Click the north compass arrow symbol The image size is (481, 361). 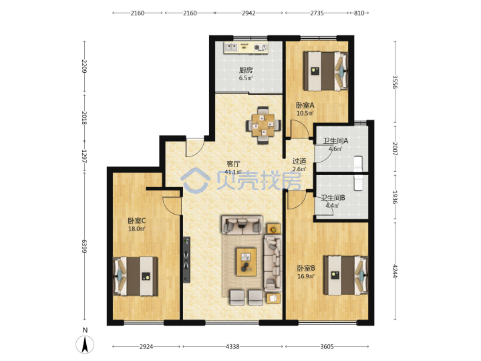click(85, 344)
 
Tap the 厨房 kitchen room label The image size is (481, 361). click(246, 70)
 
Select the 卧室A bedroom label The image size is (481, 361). click(305, 106)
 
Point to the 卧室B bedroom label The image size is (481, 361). click(306, 268)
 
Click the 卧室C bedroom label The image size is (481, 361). click(137, 221)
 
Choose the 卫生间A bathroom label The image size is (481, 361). click(335, 141)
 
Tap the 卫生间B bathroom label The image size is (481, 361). click(333, 198)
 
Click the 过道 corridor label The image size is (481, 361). click(299, 161)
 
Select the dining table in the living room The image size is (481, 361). click(263, 125)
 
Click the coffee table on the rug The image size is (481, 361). click(247, 261)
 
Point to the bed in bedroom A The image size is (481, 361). click(325, 72)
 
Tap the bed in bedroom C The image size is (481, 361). click(136, 276)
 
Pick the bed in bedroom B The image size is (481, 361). click(346, 275)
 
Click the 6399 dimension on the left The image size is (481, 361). click(84, 246)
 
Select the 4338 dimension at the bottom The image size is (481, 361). click(232, 346)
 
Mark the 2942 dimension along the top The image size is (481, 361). click(249, 13)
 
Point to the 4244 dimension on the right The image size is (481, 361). click(395, 271)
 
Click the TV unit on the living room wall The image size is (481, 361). click(186, 259)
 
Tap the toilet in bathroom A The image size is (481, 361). click(358, 164)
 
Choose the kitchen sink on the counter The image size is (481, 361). click(231, 47)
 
